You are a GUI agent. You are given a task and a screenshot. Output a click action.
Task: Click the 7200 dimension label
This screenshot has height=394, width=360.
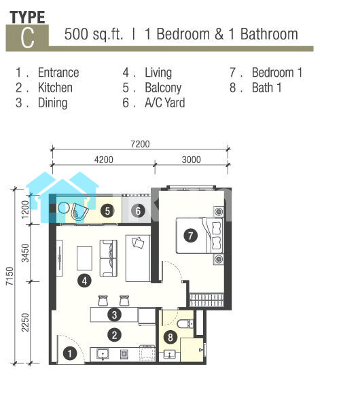140,144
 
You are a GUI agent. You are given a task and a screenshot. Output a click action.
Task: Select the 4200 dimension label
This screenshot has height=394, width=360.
103,160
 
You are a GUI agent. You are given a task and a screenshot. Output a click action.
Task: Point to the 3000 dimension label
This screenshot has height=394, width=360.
191,160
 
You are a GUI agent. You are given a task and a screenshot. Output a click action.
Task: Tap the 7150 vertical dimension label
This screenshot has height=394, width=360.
10,276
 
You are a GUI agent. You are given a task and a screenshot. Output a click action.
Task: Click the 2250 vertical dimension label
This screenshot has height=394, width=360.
25,323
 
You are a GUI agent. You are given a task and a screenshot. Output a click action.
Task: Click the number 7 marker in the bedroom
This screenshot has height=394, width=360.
190,236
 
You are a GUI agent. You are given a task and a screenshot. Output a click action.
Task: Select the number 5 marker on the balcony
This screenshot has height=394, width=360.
107,211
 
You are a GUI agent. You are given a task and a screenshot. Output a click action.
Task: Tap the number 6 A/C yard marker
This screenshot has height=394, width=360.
138,211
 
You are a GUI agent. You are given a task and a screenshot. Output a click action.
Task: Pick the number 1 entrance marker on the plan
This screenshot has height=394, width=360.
69,354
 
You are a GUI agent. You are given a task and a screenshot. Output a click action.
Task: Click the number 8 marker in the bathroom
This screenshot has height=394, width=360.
170,338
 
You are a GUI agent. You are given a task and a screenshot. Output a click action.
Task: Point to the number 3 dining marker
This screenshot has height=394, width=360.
114,315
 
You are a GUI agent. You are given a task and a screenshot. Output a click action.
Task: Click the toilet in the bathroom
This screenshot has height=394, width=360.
185,323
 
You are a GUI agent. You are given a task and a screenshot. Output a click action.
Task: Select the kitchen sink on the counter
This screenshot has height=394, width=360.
103,354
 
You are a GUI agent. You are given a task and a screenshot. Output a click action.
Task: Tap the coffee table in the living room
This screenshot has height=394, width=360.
84,258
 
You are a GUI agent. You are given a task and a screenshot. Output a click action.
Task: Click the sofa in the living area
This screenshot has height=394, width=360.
109,258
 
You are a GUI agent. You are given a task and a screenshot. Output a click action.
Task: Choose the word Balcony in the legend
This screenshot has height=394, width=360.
163,88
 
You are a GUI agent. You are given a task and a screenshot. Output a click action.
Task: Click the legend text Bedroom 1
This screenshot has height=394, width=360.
277,73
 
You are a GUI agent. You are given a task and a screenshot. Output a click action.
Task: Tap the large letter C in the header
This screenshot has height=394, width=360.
27,37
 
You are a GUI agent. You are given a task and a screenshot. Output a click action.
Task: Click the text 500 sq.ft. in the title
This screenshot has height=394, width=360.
94,34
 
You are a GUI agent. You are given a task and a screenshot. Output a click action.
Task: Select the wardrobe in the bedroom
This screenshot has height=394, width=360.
206,300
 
